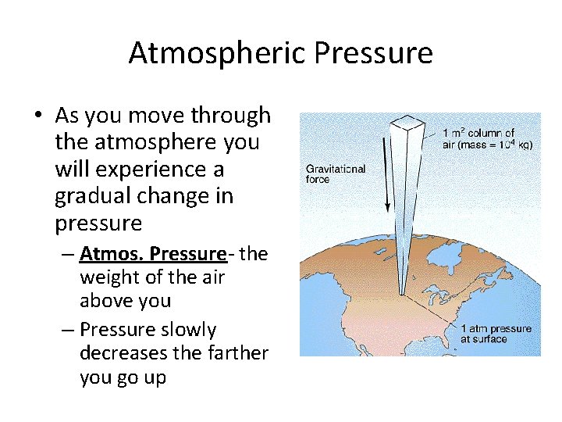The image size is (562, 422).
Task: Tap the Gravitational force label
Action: [x=335, y=173]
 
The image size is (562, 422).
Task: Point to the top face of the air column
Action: [x=408, y=123]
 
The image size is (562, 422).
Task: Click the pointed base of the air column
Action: [x=402, y=295]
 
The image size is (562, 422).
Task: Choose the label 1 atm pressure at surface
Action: [x=495, y=334]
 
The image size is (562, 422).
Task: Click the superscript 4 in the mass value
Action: [x=510, y=141]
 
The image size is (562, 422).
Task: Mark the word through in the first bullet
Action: [x=232, y=116]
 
